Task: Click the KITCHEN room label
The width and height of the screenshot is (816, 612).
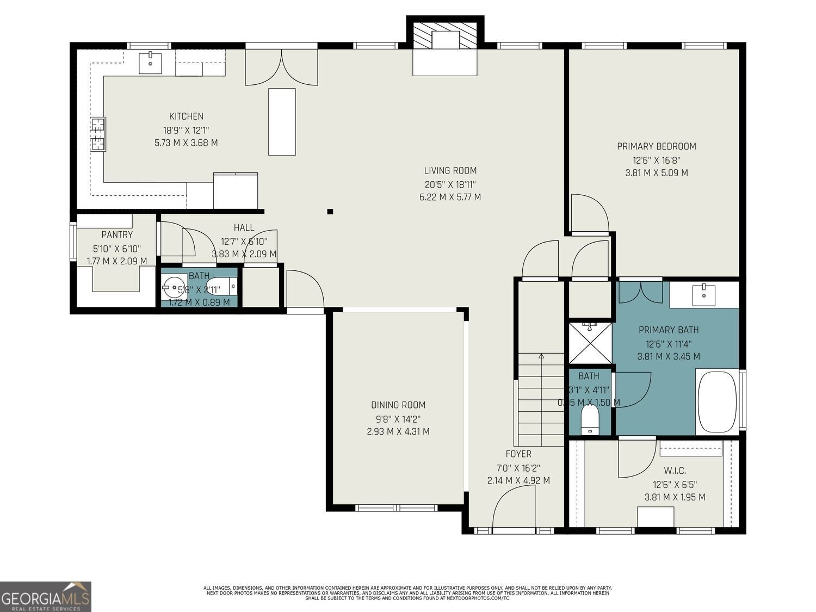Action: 186,116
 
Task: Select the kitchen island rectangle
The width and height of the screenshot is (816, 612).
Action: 282,122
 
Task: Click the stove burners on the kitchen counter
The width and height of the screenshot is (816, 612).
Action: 98,134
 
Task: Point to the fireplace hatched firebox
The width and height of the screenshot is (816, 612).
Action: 445,35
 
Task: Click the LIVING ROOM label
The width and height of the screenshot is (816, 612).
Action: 450,170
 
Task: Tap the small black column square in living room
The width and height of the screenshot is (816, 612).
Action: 330,212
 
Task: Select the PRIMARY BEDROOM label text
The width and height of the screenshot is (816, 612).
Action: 656,146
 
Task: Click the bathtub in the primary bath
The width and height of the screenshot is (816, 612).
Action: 716,402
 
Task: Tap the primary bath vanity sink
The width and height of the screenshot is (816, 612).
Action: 704,294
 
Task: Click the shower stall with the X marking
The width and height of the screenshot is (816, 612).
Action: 590,343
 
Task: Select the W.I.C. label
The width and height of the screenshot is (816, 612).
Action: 675,471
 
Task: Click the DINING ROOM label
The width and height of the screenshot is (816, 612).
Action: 398,405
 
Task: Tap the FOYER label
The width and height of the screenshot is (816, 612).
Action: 518,454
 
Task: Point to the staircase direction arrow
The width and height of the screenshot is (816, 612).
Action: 541,356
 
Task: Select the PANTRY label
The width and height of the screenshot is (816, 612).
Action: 117,234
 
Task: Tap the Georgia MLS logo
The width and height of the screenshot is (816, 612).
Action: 46,596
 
